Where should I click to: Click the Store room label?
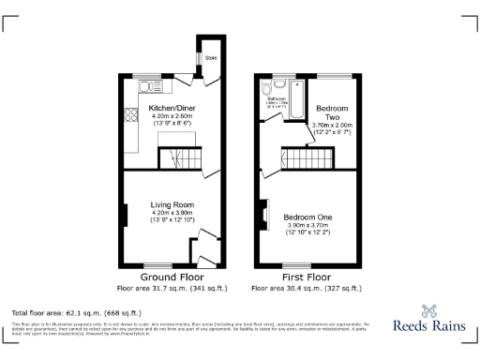point(210,59)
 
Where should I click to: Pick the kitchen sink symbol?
point(150,87)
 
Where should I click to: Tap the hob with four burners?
point(126,118)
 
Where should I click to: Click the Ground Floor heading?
point(172,277)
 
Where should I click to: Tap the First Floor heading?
point(307,277)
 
